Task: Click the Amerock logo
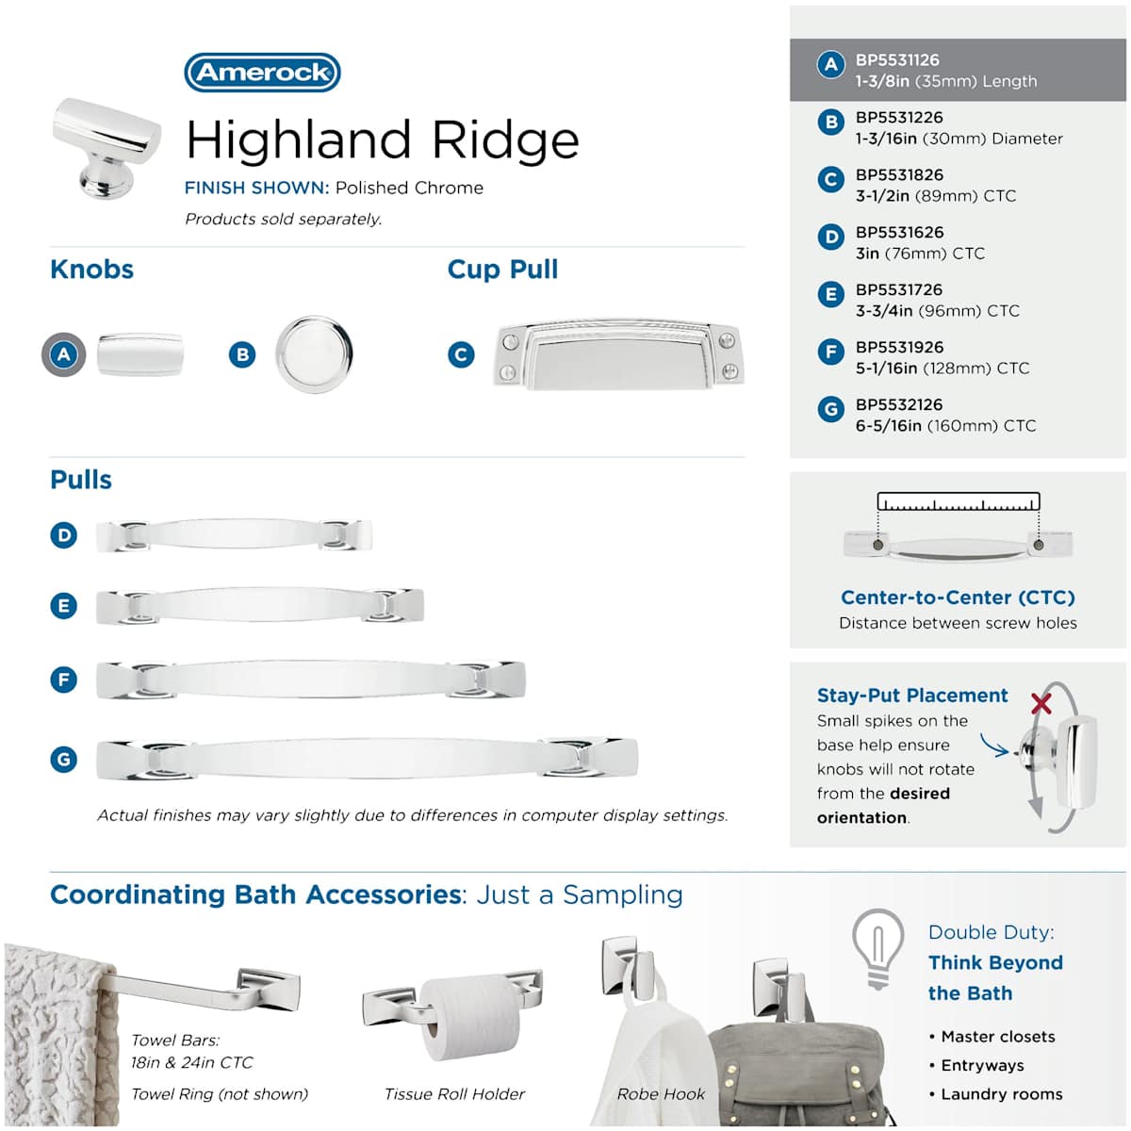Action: [262, 73]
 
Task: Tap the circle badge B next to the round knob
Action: [242, 354]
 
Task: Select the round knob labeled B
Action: [314, 354]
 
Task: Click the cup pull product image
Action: [618, 354]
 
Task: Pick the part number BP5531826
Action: [899, 175]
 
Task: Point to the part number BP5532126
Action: [899, 404]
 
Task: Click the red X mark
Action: [1041, 702]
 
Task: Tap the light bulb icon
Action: [877, 949]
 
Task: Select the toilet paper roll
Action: [469, 1017]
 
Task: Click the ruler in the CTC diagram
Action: [958, 501]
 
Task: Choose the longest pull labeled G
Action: [367, 759]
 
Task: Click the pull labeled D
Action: [234, 534]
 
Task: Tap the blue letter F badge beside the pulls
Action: [63, 680]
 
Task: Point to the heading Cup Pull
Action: [502, 270]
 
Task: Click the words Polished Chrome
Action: [409, 188]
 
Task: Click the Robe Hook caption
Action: [661, 1094]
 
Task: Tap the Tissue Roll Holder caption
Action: [454, 1094]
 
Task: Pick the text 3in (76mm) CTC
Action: [920, 254]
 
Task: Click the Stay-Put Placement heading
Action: [912, 696]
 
